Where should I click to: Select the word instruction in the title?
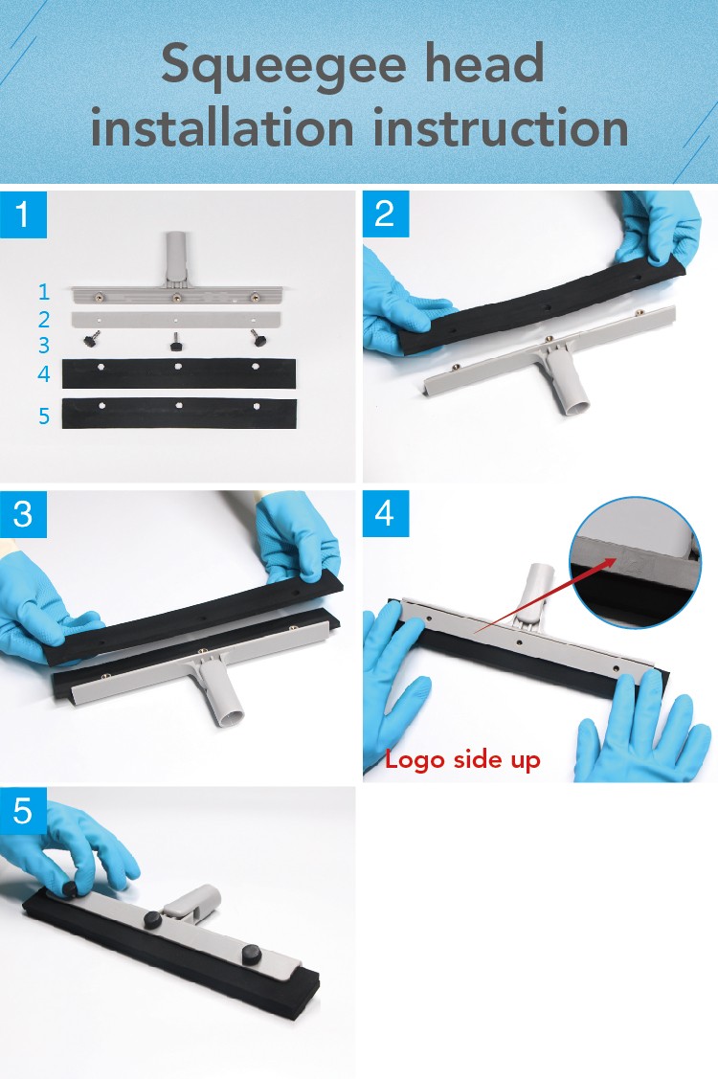click(x=501, y=128)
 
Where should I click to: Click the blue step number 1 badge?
click(x=23, y=214)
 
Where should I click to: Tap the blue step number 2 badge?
click(x=386, y=214)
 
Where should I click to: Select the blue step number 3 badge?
click(x=23, y=514)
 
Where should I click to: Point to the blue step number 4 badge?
click(x=386, y=513)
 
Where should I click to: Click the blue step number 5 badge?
click(x=23, y=810)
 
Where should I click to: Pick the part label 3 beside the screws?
click(x=44, y=345)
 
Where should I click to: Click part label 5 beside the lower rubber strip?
click(x=44, y=416)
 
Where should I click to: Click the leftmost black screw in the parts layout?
click(x=91, y=339)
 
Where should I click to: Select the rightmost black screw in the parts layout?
click(x=258, y=338)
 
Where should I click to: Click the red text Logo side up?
click(x=462, y=760)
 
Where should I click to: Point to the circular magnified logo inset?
click(x=636, y=563)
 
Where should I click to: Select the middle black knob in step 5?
click(x=153, y=919)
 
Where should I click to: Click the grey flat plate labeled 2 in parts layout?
click(x=176, y=320)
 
